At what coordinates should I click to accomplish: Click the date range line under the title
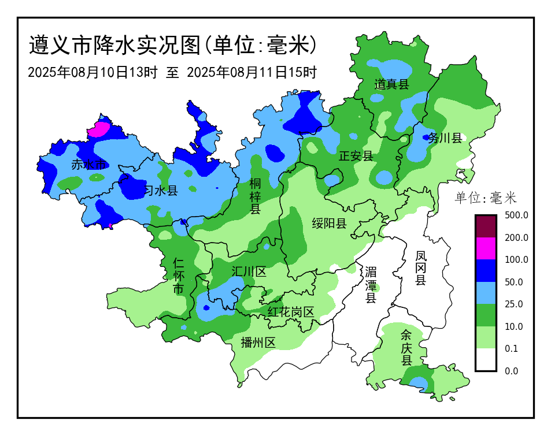coord(172,73)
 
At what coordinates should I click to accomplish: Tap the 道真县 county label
coord(391,84)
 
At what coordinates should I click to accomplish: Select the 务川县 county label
coord(445,137)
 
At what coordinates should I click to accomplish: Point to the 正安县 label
coord(356,155)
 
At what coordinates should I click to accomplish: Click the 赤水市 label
coord(88,165)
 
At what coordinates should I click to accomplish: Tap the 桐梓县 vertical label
coord(255,196)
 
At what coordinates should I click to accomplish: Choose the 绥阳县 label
coord(329,224)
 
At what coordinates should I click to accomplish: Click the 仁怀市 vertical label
coord(179,276)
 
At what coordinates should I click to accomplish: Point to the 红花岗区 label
coord(290,312)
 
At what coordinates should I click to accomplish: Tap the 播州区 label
coord(258,343)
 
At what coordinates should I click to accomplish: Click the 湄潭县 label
coord(371,285)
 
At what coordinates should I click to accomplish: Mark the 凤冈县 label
coord(421,267)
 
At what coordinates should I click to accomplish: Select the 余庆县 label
coord(406,347)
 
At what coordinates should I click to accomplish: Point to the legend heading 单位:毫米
coord(486,198)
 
